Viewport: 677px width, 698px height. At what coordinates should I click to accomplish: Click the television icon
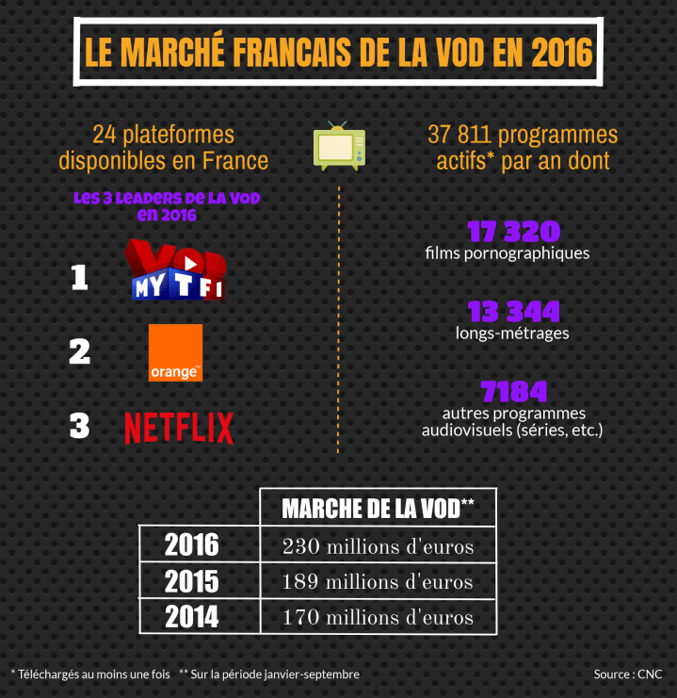(x=338, y=146)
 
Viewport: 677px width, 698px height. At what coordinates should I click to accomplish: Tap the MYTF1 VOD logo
(x=178, y=271)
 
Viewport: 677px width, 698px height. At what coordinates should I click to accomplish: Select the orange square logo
(x=175, y=352)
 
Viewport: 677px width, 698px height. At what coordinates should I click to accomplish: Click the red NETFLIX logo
(x=179, y=428)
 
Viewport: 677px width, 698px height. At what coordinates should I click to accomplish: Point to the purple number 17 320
(x=513, y=232)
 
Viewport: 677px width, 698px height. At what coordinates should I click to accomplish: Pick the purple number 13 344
(x=513, y=311)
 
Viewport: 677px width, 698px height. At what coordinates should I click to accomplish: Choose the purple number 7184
(x=513, y=391)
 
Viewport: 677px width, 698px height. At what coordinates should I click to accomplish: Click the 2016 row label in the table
(x=191, y=544)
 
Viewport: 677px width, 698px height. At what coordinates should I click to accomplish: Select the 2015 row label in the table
(x=191, y=581)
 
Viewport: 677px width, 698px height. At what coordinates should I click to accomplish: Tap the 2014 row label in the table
(x=191, y=617)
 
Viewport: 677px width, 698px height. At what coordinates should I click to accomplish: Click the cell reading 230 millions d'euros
(x=378, y=546)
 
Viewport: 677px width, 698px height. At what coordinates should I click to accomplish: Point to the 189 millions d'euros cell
(x=378, y=582)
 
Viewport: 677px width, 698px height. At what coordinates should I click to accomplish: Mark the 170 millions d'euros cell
(x=378, y=618)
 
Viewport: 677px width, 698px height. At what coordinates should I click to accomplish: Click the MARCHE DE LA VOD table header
(x=378, y=509)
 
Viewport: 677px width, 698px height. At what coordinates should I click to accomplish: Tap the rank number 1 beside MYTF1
(x=79, y=278)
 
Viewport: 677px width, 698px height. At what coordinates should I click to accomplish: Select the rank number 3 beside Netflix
(x=79, y=427)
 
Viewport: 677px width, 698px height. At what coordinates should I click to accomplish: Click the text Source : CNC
(x=628, y=674)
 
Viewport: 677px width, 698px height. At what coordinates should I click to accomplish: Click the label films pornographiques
(x=507, y=253)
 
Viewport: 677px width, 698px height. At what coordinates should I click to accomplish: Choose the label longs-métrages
(x=512, y=333)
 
